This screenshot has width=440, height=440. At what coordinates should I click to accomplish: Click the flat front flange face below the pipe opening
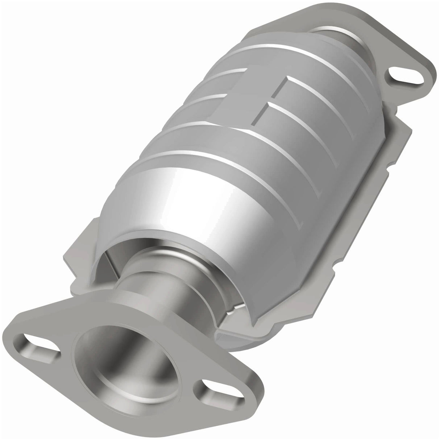[120, 406]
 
